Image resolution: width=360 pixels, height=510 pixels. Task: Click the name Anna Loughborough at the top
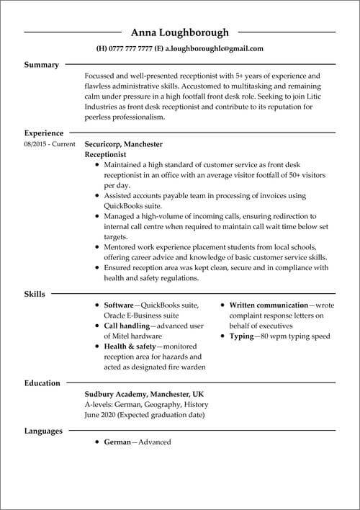click(179, 32)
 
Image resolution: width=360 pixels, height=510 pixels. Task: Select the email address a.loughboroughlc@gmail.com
click(214, 49)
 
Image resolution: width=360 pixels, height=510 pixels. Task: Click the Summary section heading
click(42, 65)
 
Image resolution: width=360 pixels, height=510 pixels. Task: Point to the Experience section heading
click(44, 133)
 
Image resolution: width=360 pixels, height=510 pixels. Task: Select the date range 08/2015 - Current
click(49, 144)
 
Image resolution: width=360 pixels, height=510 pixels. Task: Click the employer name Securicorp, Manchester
click(123, 144)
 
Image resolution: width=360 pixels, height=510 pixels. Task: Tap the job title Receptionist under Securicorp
click(105, 154)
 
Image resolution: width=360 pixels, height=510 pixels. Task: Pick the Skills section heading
click(35, 294)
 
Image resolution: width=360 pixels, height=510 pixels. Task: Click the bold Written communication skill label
click(269, 305)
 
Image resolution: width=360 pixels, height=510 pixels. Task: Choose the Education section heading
click(42, 383)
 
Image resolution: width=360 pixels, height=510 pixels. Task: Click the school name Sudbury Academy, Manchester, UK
click(143, 395)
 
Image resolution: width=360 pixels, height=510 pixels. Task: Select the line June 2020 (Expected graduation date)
click(145, 415)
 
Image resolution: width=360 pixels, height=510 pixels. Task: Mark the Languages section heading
click(44, 431)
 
